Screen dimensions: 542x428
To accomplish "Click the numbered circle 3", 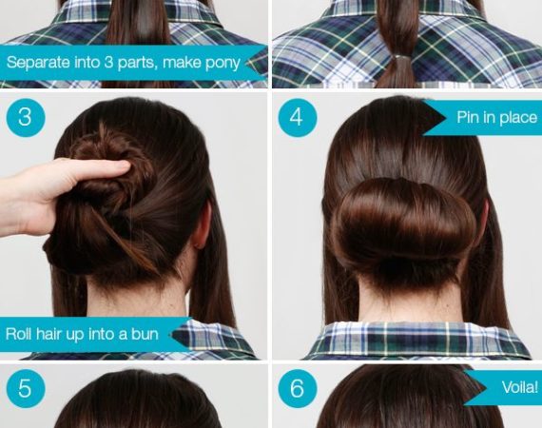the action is tap(26, 118).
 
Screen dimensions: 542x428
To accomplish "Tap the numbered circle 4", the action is tap(298, 118).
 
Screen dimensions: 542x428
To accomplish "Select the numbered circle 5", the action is tap(26, 388).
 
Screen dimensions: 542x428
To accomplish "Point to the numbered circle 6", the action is tap(298, 388).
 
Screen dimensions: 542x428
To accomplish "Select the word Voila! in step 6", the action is tap(519, 387).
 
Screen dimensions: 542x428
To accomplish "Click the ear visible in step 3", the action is tap(203, 224).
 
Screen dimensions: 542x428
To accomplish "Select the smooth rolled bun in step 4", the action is tap(404, 224).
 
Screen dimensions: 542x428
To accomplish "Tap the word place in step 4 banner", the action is tap(518, 118).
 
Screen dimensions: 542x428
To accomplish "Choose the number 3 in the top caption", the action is tap(108, 63).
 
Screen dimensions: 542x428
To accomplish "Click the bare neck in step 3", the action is tap(138, 298).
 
